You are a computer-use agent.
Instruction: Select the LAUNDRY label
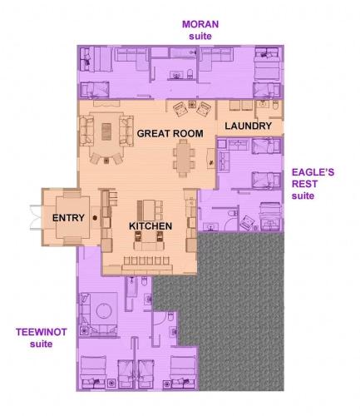click(x=248, y=126)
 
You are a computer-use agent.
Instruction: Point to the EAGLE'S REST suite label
click(x=313, y=184)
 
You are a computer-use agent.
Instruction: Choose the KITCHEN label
click(x=150, y=225)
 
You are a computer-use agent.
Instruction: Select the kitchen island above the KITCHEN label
click(x=150, y=206)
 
